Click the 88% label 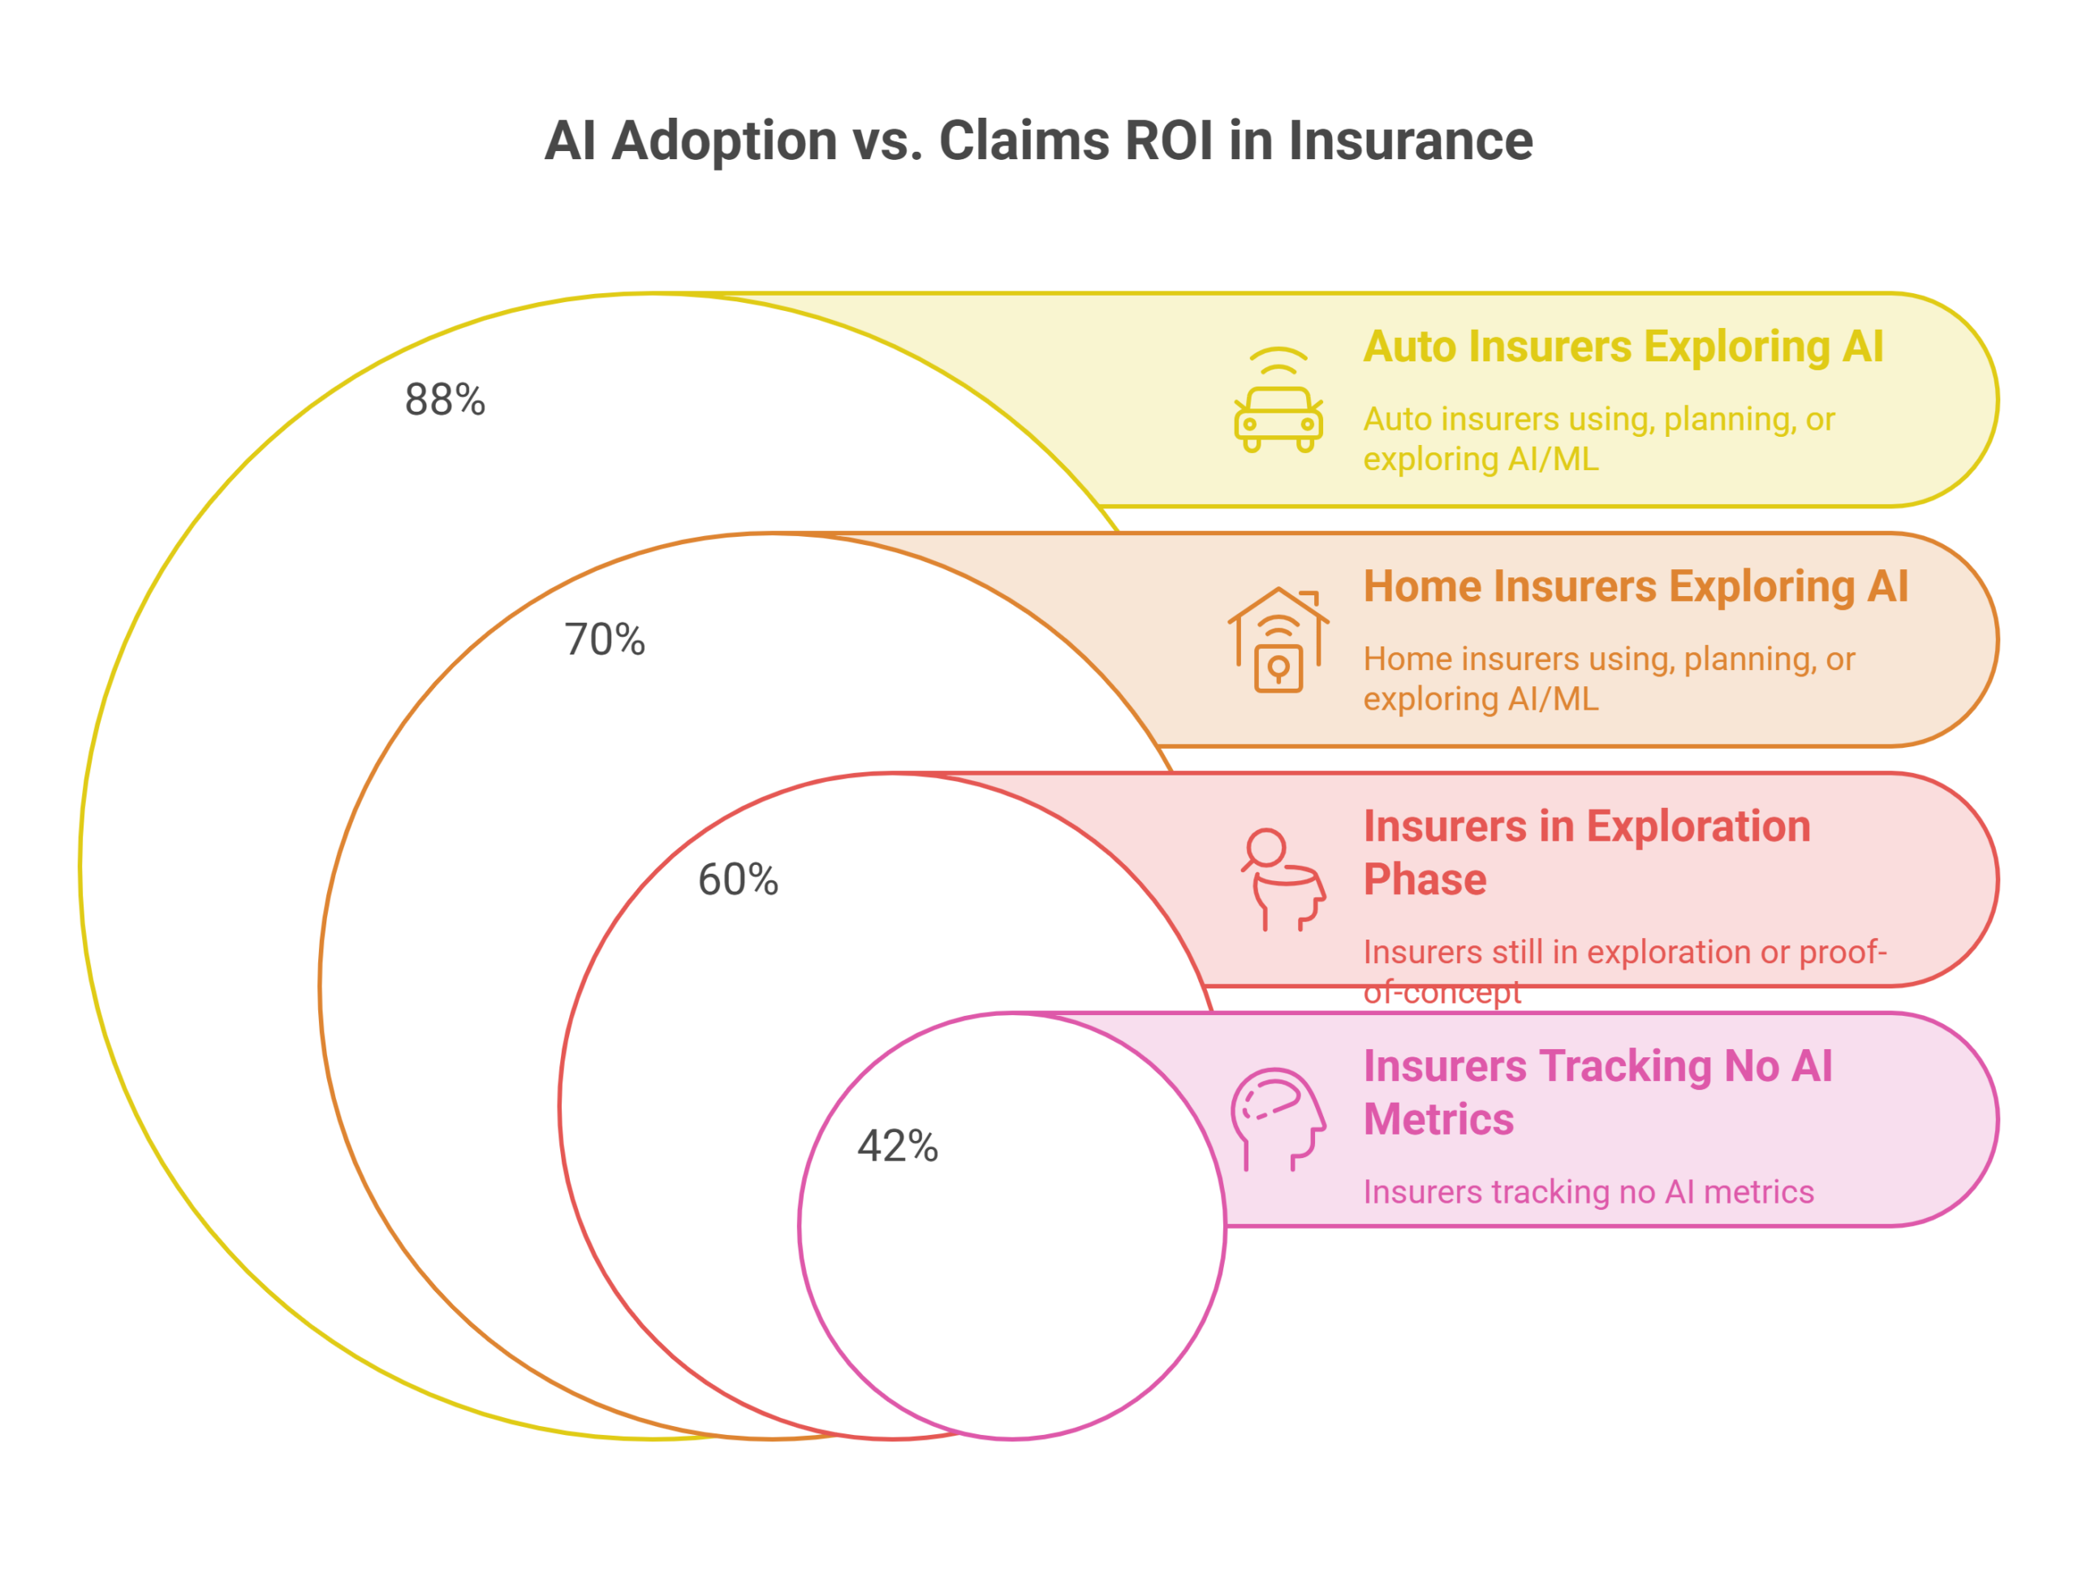[445, 400]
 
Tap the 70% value [604, 639]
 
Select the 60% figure [738, 879]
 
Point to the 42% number [898, 1145]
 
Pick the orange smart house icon [1278, 640]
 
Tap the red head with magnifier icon [1283, 879]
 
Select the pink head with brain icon [1278, 1119]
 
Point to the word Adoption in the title [724, 141]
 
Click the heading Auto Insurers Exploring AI [1623, 347]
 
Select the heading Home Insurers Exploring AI [1636, 586]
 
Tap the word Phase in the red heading [1425, 879]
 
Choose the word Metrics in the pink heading [1438, 1119]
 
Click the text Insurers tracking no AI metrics [1589, 1191]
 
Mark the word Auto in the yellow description [1398, 418]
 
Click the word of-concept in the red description [1442, 992]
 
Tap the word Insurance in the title [1410, 140]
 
